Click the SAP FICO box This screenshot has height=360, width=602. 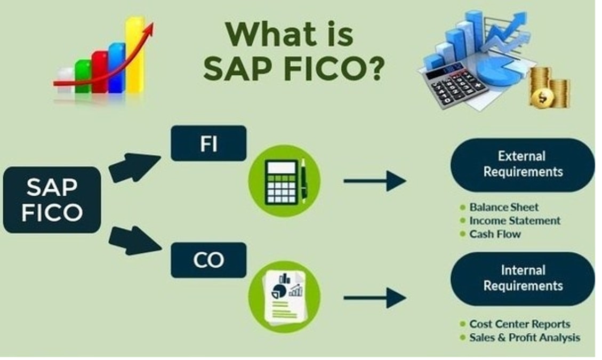pyautogui.click(x=52, y=199)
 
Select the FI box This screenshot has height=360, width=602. pyautogui.click(x=208, y=143)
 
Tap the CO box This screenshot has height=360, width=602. pyautogui.click(x=208, y=260)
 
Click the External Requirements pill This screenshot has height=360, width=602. pyautogui.click(x=522, y=164)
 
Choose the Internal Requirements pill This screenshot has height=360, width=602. pyautogui.click(x=522, y=278)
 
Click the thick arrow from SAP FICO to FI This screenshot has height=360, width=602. pyautogui.click(x=133, y=166)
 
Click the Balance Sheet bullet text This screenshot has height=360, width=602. pyautogui.click(x=504, y=207)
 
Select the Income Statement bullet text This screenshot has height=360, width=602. pyautogui.click(x=515, y=220)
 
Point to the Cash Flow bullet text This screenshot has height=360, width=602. pyautogui.click(x=495, y=234)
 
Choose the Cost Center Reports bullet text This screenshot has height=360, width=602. pyautogui.click(x=519, y=324)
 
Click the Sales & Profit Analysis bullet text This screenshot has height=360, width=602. pyautogui.click(x=525, y=337)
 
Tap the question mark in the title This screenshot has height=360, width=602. pyautogui.click(x=372, y=68)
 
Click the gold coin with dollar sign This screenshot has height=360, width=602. pyautogui.click(x=543, y=97)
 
